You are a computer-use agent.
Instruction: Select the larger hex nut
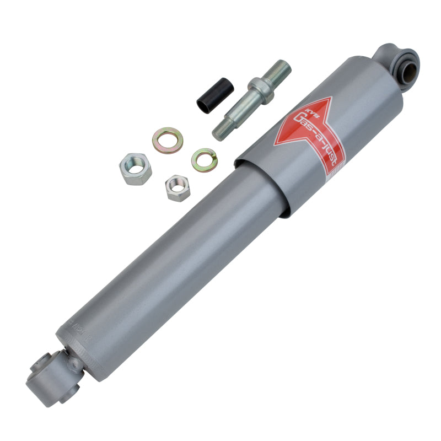pyautogui.click(x=135, y=166)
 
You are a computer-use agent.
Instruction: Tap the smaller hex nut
pyautogui.click(x=178, y=187)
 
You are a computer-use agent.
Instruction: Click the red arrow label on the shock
pyautogui.click(x=312, y=132)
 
